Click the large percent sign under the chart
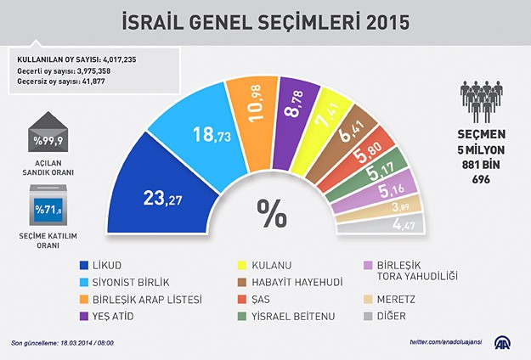coord(272,214)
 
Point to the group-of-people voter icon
coord(482,100)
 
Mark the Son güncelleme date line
coord(62,343)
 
